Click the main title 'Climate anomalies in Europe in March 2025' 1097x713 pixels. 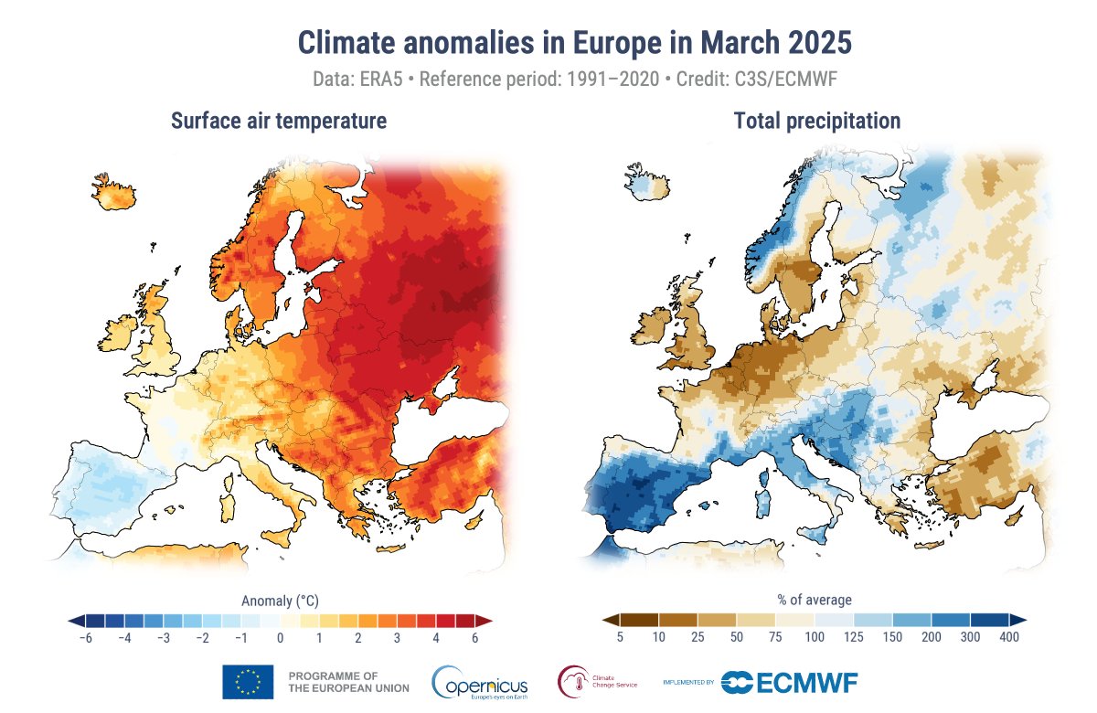pos(575,43)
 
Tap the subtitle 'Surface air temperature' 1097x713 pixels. pos(279,121)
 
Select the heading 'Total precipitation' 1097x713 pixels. pos(816,121)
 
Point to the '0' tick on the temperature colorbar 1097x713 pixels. pos(280,639)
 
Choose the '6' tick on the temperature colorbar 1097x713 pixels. pos(475,639)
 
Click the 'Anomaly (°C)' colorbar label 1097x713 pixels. pos(280,601)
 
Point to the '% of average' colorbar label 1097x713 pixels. pos(815,601)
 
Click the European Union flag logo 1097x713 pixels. pos(248,682)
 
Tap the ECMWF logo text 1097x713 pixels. pos(805,682)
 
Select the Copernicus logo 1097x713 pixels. pos(480,682)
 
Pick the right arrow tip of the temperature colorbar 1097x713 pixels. pos(488,620)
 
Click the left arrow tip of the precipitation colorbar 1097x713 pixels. pos(606,620)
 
